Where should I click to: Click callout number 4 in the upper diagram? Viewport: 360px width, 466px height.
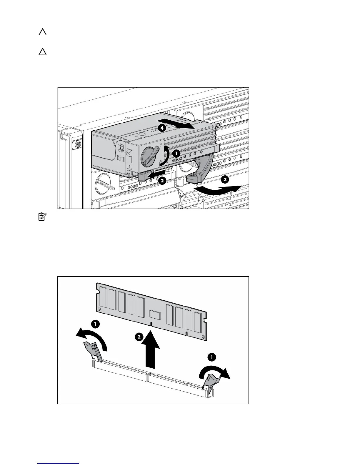(x=161, y=128)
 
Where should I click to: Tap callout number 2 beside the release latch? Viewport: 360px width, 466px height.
(x=161, y=181)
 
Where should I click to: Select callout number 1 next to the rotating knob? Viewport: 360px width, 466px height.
(x=176, y=153)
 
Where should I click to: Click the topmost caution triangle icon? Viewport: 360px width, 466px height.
(x=43, y=32)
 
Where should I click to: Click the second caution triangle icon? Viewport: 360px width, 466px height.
(x=43, y=52)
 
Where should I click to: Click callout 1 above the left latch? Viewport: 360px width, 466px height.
(x=95, y=324)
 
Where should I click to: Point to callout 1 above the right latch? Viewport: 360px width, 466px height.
(x=211, y=357)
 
